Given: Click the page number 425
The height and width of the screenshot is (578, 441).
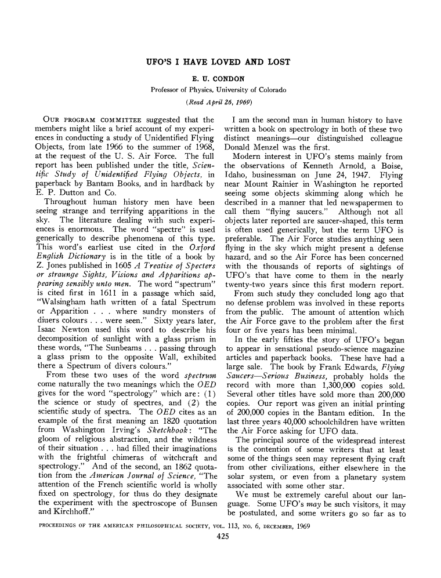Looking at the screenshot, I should [x=220, y=537].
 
